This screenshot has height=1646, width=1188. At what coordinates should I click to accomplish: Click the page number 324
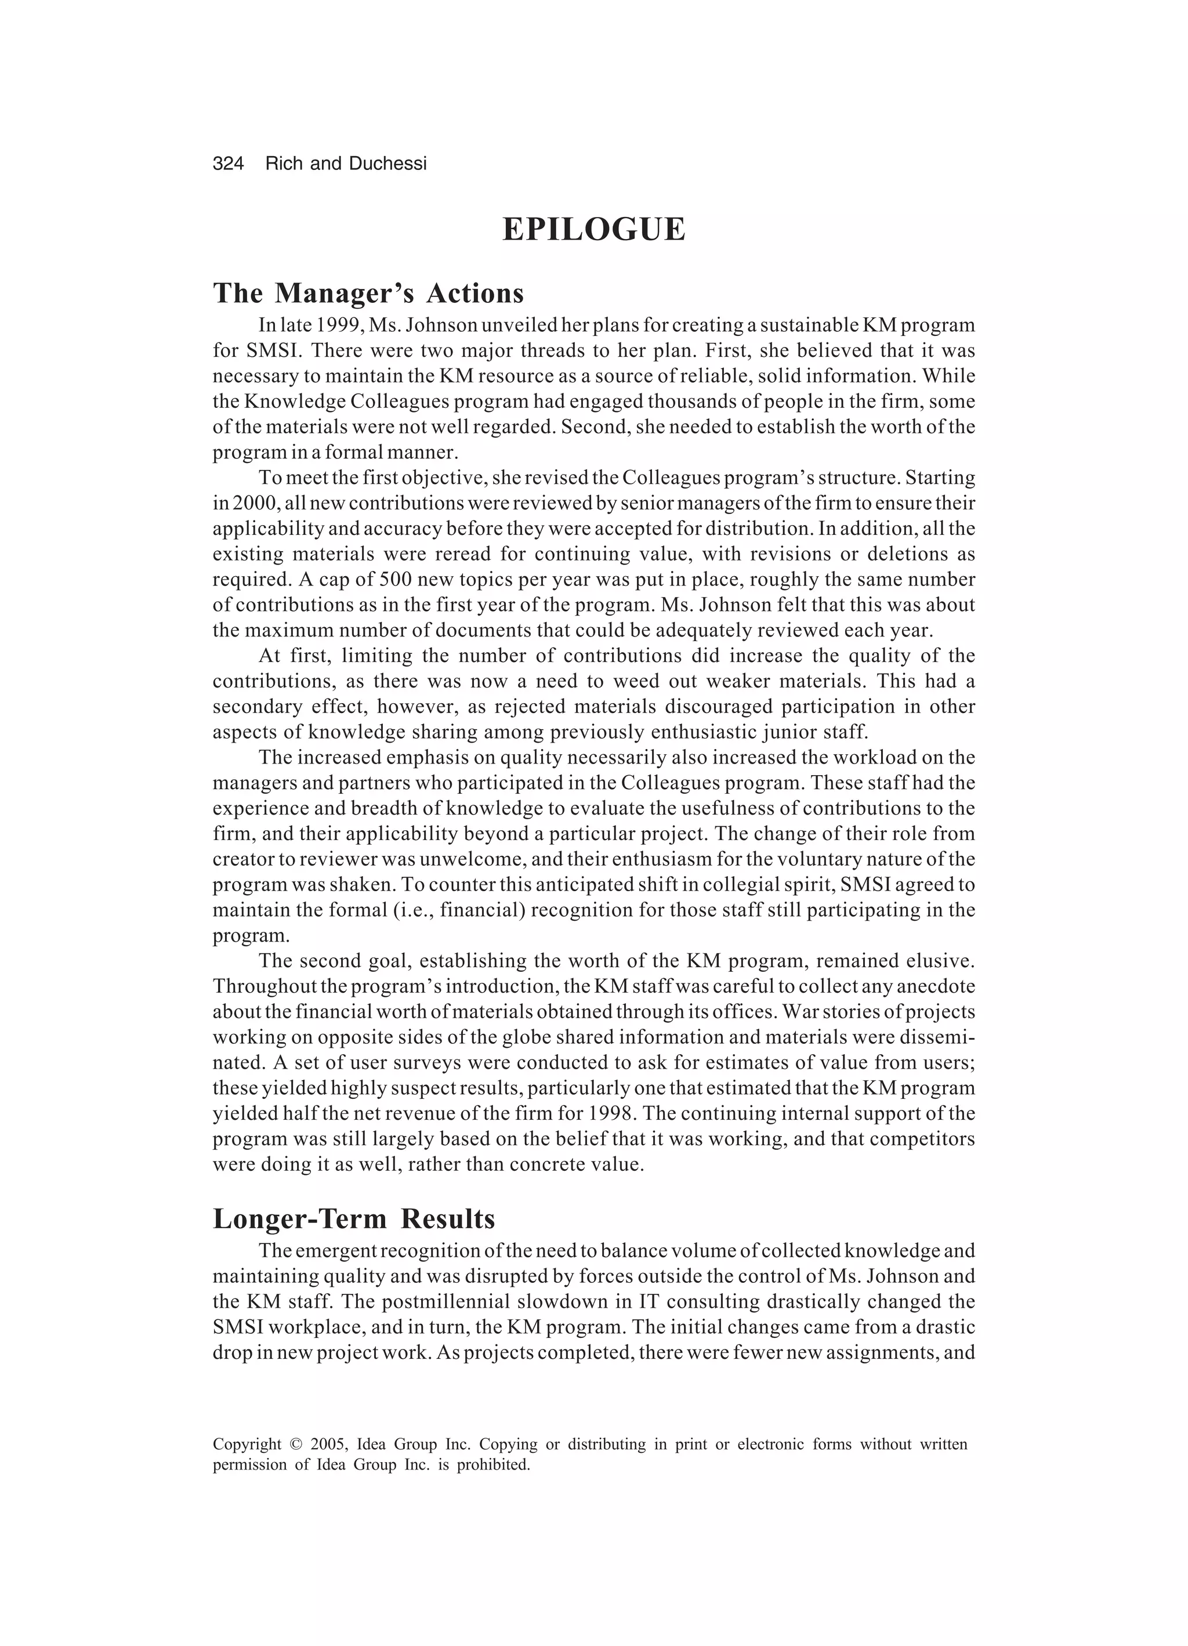228,164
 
